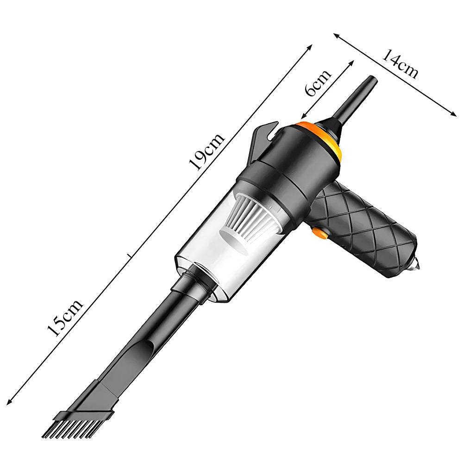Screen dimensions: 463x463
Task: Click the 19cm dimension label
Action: click(x=206, y=151)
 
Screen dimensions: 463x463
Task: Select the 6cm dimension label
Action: click(x=318, y=83)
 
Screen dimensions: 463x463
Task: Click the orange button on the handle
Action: click(x=320, y=233)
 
